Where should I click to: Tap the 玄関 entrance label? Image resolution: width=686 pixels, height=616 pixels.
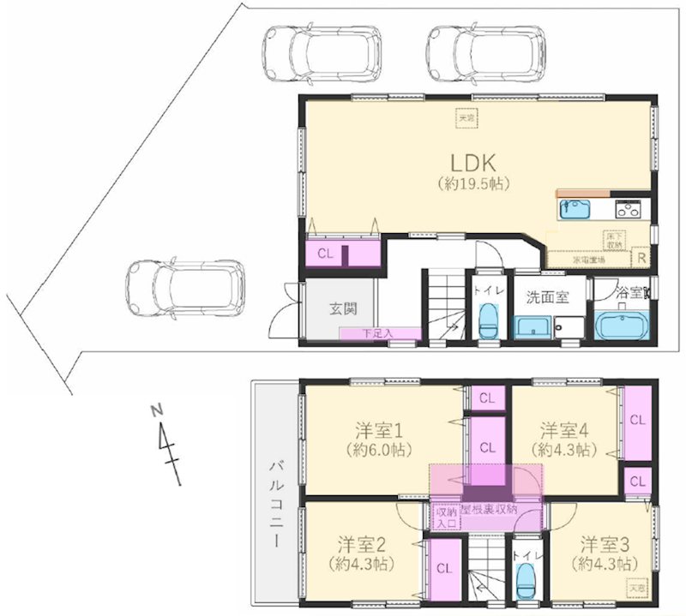tap(342, 309)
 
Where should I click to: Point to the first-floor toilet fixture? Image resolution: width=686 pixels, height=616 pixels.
tap(488, 323)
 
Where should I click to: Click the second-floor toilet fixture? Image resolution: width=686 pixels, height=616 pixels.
tap(527, 582)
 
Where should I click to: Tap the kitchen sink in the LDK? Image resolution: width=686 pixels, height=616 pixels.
tap(572, 208)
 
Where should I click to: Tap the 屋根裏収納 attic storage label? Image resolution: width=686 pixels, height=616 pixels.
tap(489, 509)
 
